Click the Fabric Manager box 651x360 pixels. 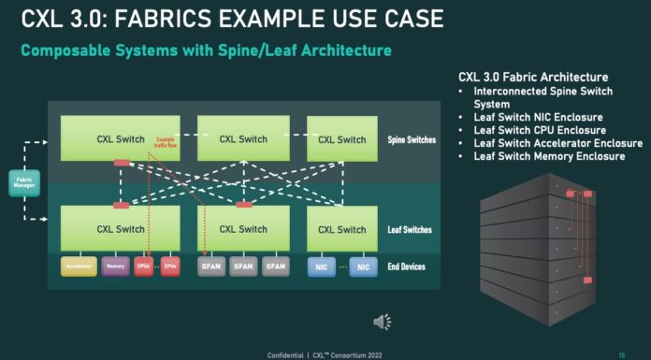[x=23, y=183]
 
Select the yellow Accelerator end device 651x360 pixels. [x=78, y=266]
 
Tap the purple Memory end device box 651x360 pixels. [x=116, y=266]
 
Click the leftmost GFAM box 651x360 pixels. [x=211, y=266]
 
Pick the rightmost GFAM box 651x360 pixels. [x=275, y=266]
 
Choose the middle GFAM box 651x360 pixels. [x=243, y=266]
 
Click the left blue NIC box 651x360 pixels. [x=321, y=266]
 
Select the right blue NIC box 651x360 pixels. [x=364, y=266]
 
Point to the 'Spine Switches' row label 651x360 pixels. [x=411, y=140]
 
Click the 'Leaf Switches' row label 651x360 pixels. [x=410, y=229]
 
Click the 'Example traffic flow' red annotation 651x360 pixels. [x=166, y=140]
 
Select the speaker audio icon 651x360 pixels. [x=382, y=322]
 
